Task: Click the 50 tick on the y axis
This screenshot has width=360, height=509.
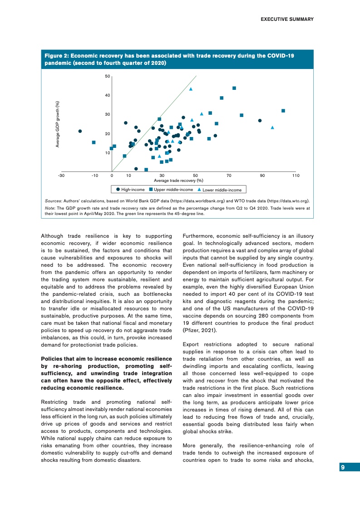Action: (108, 76)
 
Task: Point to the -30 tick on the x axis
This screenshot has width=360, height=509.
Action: (62, 175)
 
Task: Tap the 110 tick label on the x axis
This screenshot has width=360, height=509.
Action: (296, 175)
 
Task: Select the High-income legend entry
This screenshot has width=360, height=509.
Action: (130, 190)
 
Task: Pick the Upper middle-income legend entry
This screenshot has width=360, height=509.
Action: (171, 190)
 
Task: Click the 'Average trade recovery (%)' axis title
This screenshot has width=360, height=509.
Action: (178, 181)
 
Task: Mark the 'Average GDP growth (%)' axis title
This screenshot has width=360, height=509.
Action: (58, 124)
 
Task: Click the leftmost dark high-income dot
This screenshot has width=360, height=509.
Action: (80, 131)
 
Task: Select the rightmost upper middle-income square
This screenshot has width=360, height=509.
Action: (283, 111)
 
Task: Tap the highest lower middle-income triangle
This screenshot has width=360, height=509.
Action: (191, 89)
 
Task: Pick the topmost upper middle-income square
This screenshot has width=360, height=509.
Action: (234, 88)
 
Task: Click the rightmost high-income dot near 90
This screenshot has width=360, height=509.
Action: (260, 121)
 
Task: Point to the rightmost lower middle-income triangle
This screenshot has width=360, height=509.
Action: (272, 127)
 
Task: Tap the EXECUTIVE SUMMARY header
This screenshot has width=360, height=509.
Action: (286, 20)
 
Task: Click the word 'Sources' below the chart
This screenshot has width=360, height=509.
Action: (53, 200)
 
